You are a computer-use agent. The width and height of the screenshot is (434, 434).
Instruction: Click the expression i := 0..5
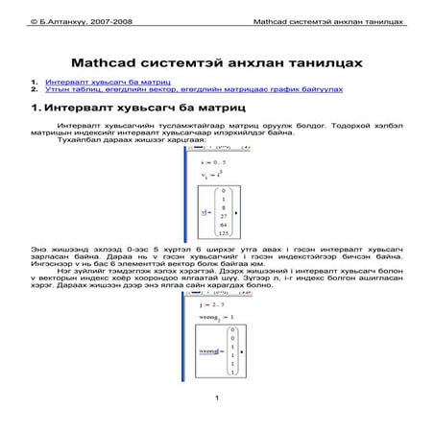tap(200, 160)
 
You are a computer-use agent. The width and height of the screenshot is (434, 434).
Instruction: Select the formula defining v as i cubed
tap(200, 173)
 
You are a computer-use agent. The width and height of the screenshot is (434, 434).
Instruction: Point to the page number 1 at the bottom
tap(218, 398)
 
